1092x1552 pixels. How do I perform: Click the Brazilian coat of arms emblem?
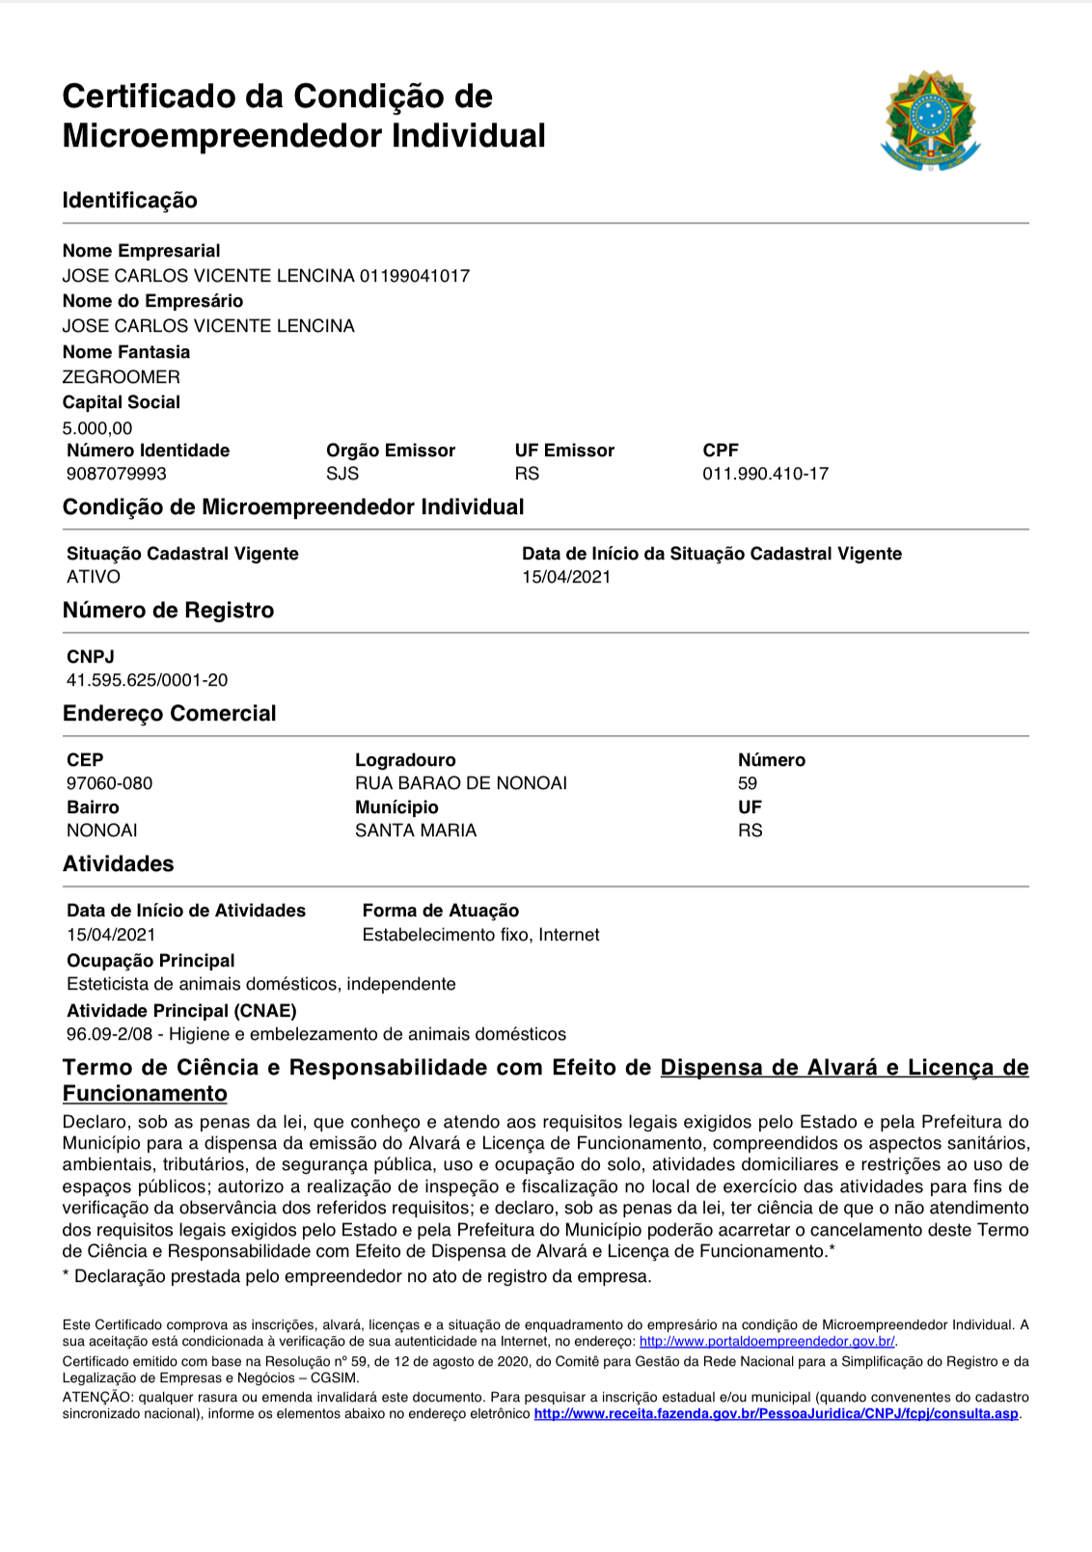[930, 121]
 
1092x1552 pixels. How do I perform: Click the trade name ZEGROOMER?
[122, 377]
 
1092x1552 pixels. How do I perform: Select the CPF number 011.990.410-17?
[765, 474]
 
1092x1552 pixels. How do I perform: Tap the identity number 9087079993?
[117, 474]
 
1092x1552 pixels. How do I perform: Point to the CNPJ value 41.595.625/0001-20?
[148, 680]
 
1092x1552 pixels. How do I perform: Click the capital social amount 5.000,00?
[97, 428]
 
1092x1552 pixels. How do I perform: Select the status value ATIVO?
[94, 577]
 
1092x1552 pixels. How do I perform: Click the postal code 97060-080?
[110, 783]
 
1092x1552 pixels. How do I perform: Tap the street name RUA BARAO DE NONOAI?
[461, 783]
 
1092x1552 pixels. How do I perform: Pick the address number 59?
[748, 783]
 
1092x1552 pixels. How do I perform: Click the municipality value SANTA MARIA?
[416, 830]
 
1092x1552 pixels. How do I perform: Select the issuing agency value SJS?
[342, 474]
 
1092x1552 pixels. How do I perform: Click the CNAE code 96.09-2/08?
[110, 1034]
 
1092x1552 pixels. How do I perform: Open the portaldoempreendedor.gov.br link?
[767, 1342]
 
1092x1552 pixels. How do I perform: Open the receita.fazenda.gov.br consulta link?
[776, 1414]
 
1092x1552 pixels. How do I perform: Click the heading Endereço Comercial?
[170, 714]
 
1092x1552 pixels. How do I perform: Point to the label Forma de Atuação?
[441, 911]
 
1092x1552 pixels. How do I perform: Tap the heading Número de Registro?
[169, 611]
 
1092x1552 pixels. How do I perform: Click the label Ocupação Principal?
[151, 961]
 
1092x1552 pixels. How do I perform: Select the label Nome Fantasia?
[126, 352]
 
